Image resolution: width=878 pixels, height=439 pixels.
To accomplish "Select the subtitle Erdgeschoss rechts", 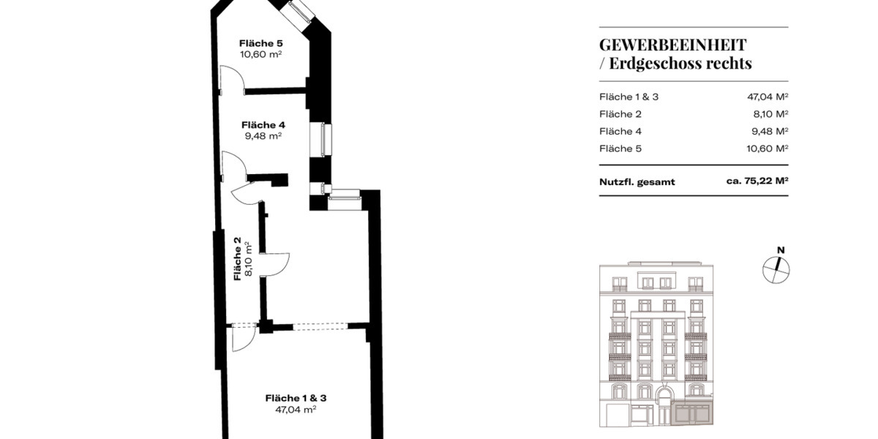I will (x=680, y=64).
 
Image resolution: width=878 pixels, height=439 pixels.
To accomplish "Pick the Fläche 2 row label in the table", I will (x=620, y=114).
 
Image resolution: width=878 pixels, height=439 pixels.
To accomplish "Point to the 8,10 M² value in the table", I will (x=770, y=114).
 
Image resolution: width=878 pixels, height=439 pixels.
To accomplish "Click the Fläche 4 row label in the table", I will (x=620, y=132).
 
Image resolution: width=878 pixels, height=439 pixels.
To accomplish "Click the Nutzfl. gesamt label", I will (x=637, y=182).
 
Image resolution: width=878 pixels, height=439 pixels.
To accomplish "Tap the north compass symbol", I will (x=776, y=271).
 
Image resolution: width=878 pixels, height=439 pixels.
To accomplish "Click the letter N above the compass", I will (x=781, y=250).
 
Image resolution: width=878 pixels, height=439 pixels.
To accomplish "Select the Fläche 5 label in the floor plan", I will (x=261, y=42).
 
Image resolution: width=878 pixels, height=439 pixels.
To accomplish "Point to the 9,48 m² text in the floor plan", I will (x=263, y=135).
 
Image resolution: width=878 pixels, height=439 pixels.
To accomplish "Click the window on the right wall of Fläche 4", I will (x=321, y=139).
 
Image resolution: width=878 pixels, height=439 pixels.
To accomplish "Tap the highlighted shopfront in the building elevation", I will (x=690, y=415).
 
